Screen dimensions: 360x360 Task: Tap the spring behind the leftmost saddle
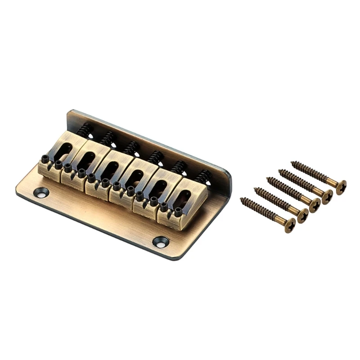(85, 130)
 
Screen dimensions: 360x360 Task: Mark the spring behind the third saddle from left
(131, 148)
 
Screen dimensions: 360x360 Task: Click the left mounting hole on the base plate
(41, 193)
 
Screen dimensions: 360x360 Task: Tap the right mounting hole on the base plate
(161, 242)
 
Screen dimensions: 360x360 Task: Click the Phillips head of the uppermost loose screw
(341, 186)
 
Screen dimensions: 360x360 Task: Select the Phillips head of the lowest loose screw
(289, 225)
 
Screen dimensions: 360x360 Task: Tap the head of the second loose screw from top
(328, 196)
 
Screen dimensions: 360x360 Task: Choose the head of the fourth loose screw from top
(302, 215)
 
